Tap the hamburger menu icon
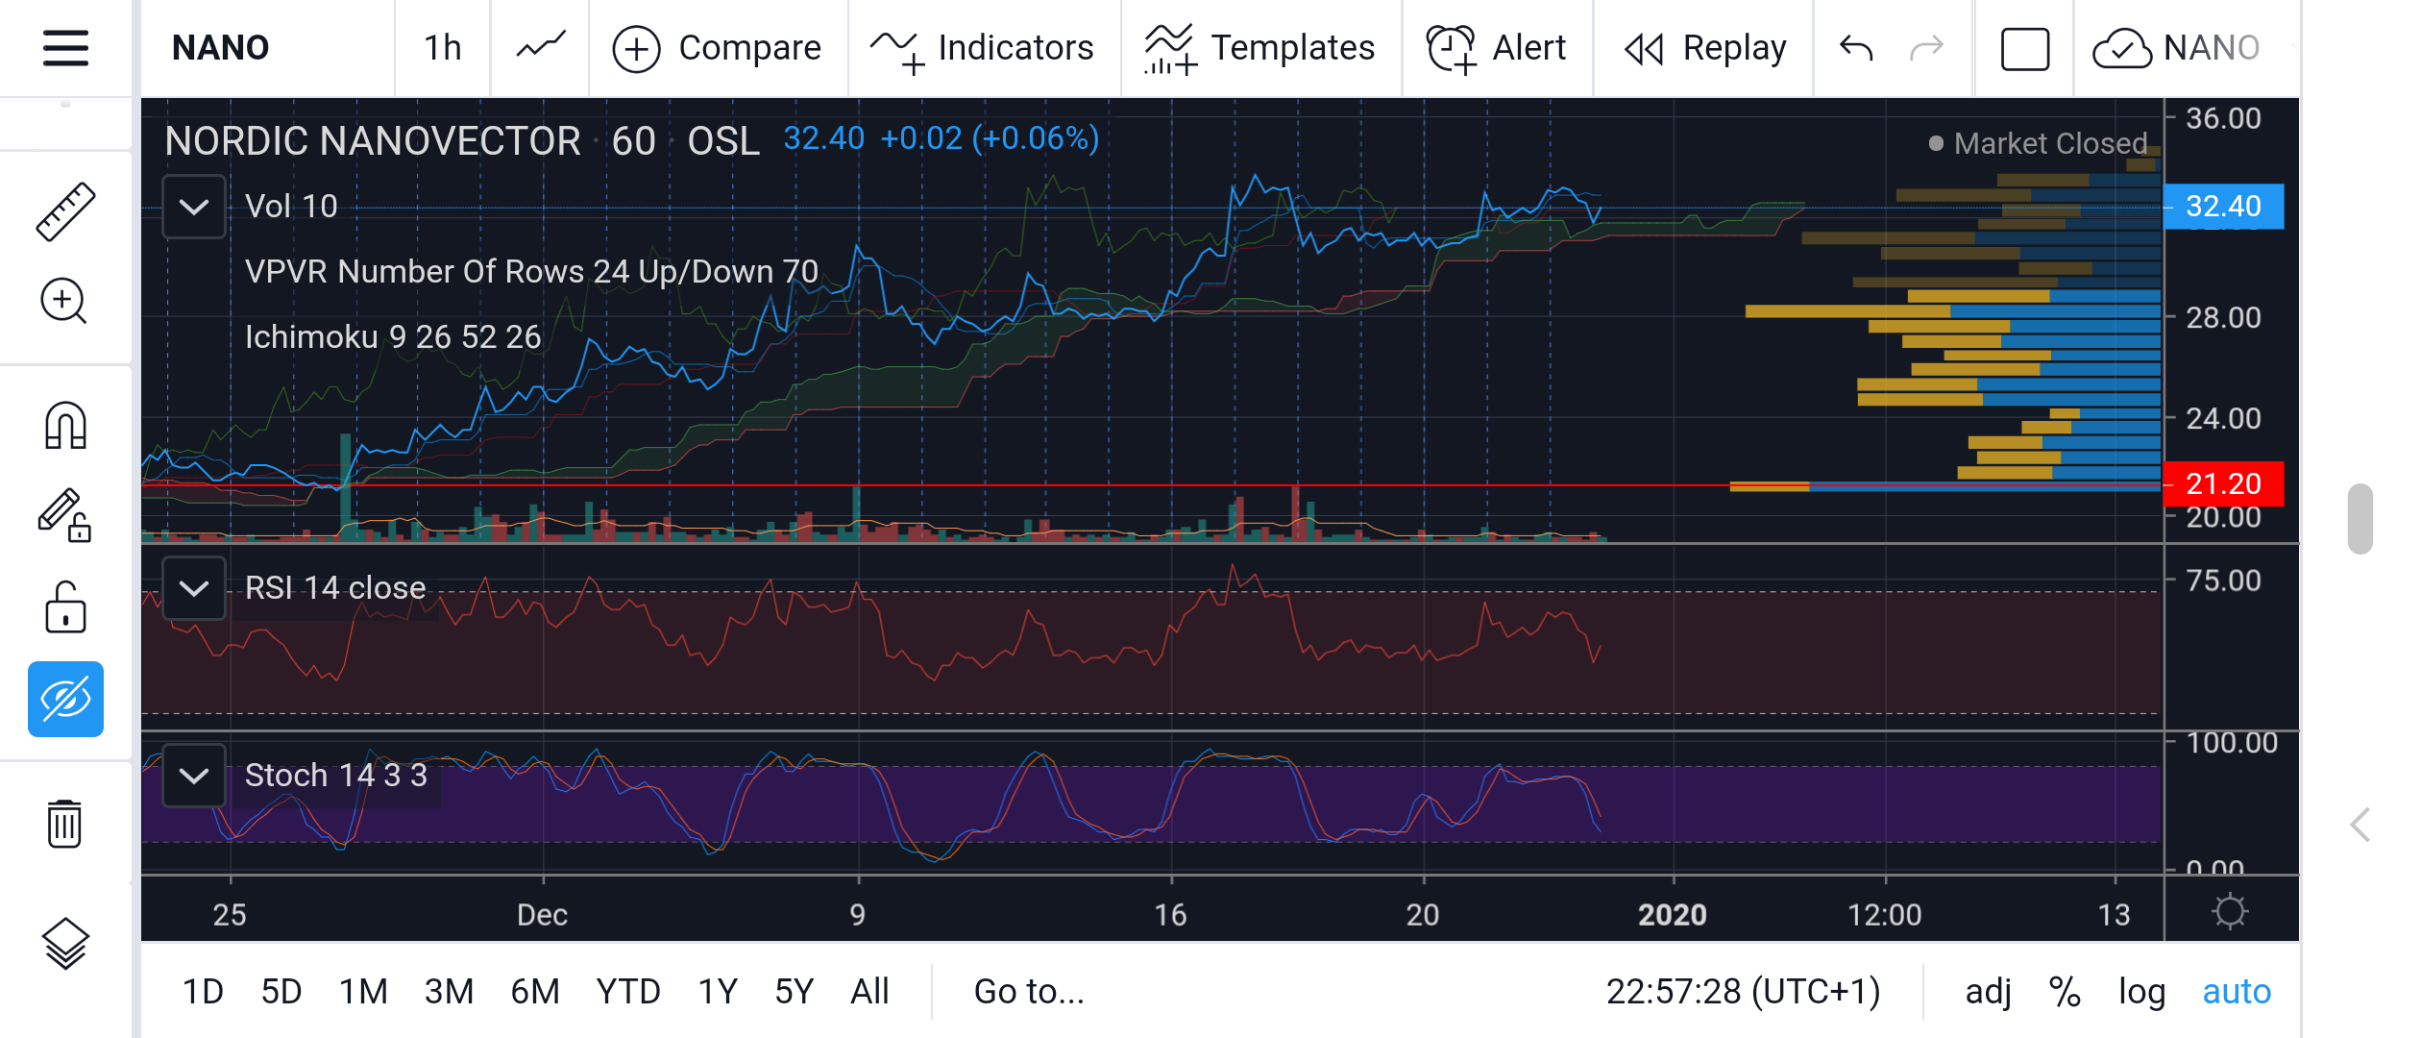(x=65, y=48)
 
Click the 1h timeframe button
(x=443, y=48)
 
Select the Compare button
(x=718, y=48)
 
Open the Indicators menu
(x=982, y=49)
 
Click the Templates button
(x=1259, y=49)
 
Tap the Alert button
(x=1497, y=49)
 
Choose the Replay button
(x=1705, y=49)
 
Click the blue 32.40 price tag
(x=2222, y=207)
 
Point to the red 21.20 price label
(x=2222, y=483)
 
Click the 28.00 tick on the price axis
(x=2223, y=318)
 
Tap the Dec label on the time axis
(x=542, y=914)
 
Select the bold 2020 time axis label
(x=1672, y=914)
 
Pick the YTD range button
(x=628, y=991)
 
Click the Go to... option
(x=1029, y=991)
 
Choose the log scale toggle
(x=2141, y=992)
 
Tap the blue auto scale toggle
(x=2237, y=991)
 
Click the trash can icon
(x=64, y=824)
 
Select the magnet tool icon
(x=65, y=425)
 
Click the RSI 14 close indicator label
(x=335, y=587)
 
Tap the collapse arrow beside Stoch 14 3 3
(x=194, y=776)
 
